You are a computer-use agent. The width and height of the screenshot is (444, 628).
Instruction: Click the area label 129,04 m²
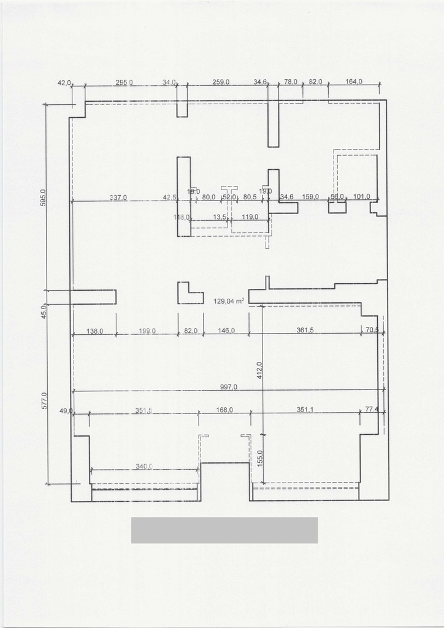click(x=229, y=301)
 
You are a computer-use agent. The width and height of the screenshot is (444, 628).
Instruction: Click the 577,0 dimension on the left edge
click(x=42, y=402)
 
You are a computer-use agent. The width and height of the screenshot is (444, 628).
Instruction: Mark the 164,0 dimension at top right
click(x=354, y=82)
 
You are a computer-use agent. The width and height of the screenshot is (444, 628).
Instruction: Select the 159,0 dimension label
click(x=311, y=197)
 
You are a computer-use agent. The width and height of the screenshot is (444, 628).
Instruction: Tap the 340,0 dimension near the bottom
click(x=144, y=467)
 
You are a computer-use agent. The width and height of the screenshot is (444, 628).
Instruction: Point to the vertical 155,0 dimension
click(x=259, y=458)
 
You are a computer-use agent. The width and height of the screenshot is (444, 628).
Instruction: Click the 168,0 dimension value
click(x=224, y=410)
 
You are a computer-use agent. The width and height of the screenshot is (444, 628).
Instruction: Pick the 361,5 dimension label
click(x=305, y=331)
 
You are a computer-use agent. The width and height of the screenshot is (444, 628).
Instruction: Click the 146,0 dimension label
click(x=226, y=331)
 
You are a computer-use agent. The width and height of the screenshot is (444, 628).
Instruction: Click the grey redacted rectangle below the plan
click(x=224, y=530)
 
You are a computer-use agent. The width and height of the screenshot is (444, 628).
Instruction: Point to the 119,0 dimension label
click(x=250, y=217)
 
